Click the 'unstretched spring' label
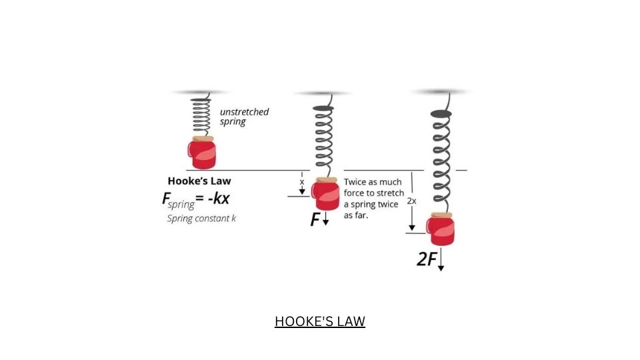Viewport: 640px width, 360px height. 244,117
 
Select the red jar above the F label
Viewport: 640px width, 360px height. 325,194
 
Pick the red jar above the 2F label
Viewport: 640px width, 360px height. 441,229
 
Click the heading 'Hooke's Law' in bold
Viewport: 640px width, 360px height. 199,181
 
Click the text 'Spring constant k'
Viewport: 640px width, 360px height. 201,219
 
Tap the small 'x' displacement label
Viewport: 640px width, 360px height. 302,181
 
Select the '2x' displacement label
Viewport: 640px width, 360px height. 411,201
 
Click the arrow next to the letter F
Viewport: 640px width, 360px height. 325,220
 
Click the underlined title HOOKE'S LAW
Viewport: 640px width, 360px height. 320,321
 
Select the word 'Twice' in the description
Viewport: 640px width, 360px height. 356,181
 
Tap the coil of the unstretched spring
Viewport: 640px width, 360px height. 201,117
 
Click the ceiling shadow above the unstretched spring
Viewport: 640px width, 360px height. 199,92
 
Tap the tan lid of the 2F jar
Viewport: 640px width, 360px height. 441,215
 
